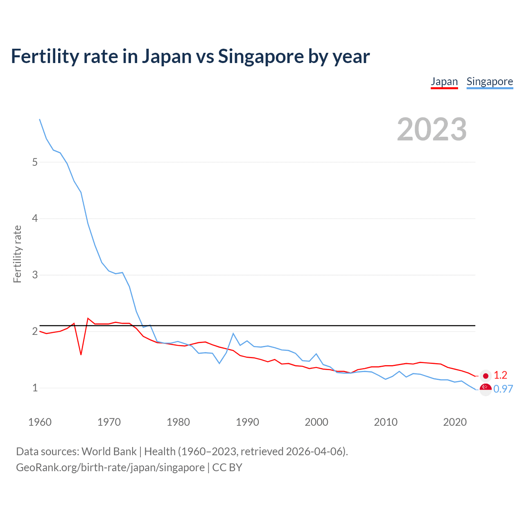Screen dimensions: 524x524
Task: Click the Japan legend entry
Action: (x=444, y=81)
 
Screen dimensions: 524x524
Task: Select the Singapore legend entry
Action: (x=490, y=81)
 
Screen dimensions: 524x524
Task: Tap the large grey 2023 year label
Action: (x=432, y=129)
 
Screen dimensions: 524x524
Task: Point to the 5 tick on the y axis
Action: (x=35, y=162)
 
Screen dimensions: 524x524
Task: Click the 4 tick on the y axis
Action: (x=35, y=219)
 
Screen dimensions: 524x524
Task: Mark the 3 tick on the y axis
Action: (x=35, y=275)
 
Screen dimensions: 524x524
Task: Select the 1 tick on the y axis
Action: (x=35, y=388)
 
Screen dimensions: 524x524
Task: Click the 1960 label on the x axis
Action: (x=40, y=422)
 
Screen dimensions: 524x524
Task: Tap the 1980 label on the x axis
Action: (x=178, y=422)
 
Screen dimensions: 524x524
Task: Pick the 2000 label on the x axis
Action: (x=316, y=422)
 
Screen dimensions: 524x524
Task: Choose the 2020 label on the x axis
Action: (x=455, y=422)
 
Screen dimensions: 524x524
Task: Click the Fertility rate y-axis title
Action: (x=17, y=254)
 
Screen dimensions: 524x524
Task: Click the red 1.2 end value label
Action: (x=500, y=375)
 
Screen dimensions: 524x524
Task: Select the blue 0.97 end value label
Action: (x=503, y=389)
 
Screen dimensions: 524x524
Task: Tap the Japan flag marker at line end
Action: (x=486, y=376)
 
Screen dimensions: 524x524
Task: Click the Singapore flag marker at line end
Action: (x=486, y=389)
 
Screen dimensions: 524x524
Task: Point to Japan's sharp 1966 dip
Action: (x=81, y=354)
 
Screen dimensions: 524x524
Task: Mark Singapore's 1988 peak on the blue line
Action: (x=233, y=334)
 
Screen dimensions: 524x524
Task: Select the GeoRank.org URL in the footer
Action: (x=110, y=468)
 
